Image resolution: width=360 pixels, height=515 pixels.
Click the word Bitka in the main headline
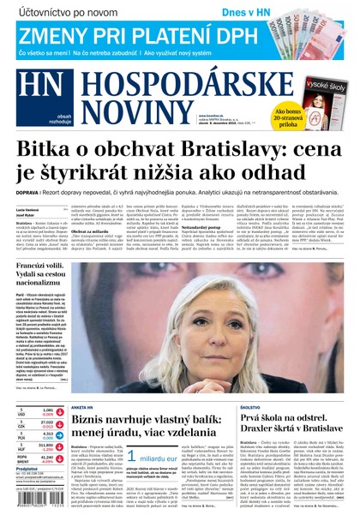tap(48, 151)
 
